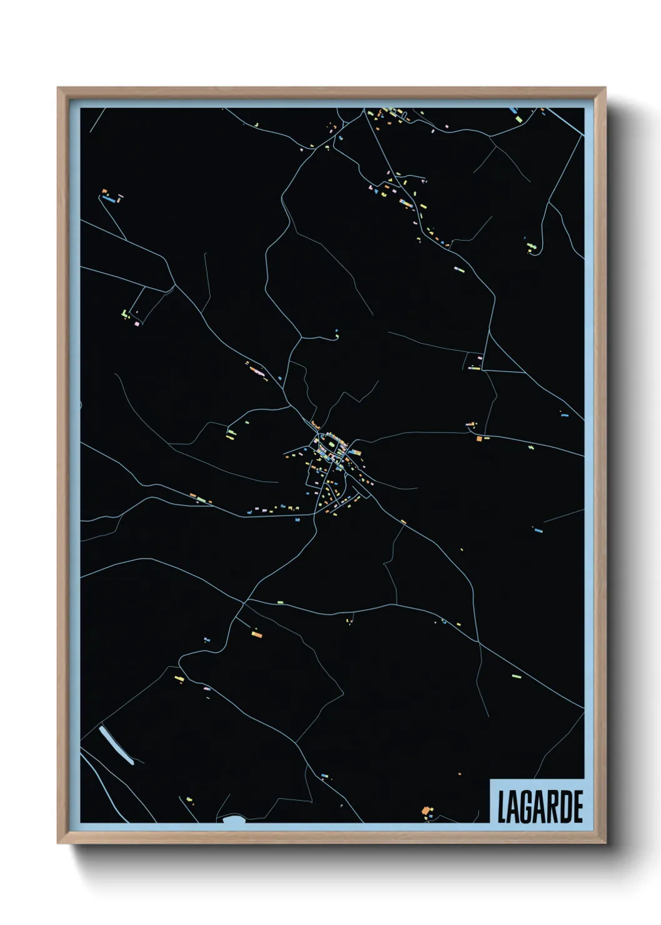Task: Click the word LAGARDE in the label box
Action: [540, 807]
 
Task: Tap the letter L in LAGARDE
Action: [501, 807]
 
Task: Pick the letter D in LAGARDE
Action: [564, 807]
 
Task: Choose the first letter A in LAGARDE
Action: [512, 807]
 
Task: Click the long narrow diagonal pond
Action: [116, 745]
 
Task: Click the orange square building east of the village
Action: [479, 439]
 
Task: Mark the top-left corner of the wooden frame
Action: [58, 88]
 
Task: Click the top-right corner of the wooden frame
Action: [607, 88]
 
